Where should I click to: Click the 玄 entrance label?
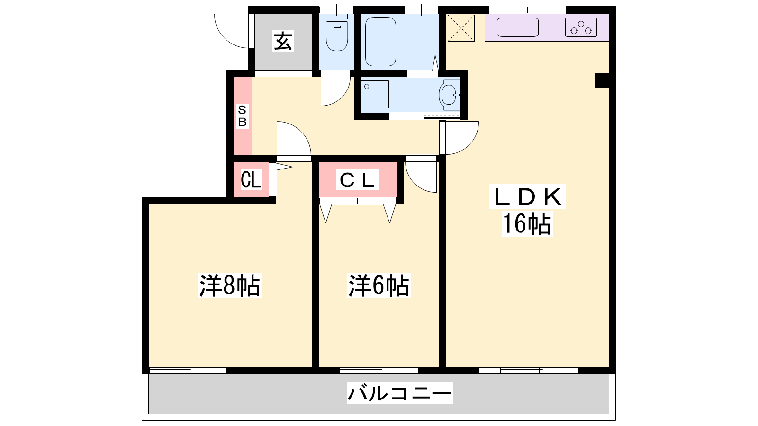pos(283,41)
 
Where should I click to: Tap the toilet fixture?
pos(337,33)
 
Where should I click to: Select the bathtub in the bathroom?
pos(381,41)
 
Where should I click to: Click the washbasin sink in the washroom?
pos(450,95)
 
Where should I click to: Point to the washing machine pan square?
pos(375,94)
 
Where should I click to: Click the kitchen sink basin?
pos(517,27)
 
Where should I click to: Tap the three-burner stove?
pos(581,27)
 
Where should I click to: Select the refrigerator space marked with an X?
pos(461,28)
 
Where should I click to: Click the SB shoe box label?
pos(242,116)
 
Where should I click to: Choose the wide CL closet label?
pos(357,180)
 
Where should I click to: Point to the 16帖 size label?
pos(527,223)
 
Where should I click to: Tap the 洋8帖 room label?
pos(230,285)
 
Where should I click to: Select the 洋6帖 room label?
pos(379,285)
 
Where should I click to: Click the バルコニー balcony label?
pos(400,393)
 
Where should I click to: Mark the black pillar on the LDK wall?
pos(602,80)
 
